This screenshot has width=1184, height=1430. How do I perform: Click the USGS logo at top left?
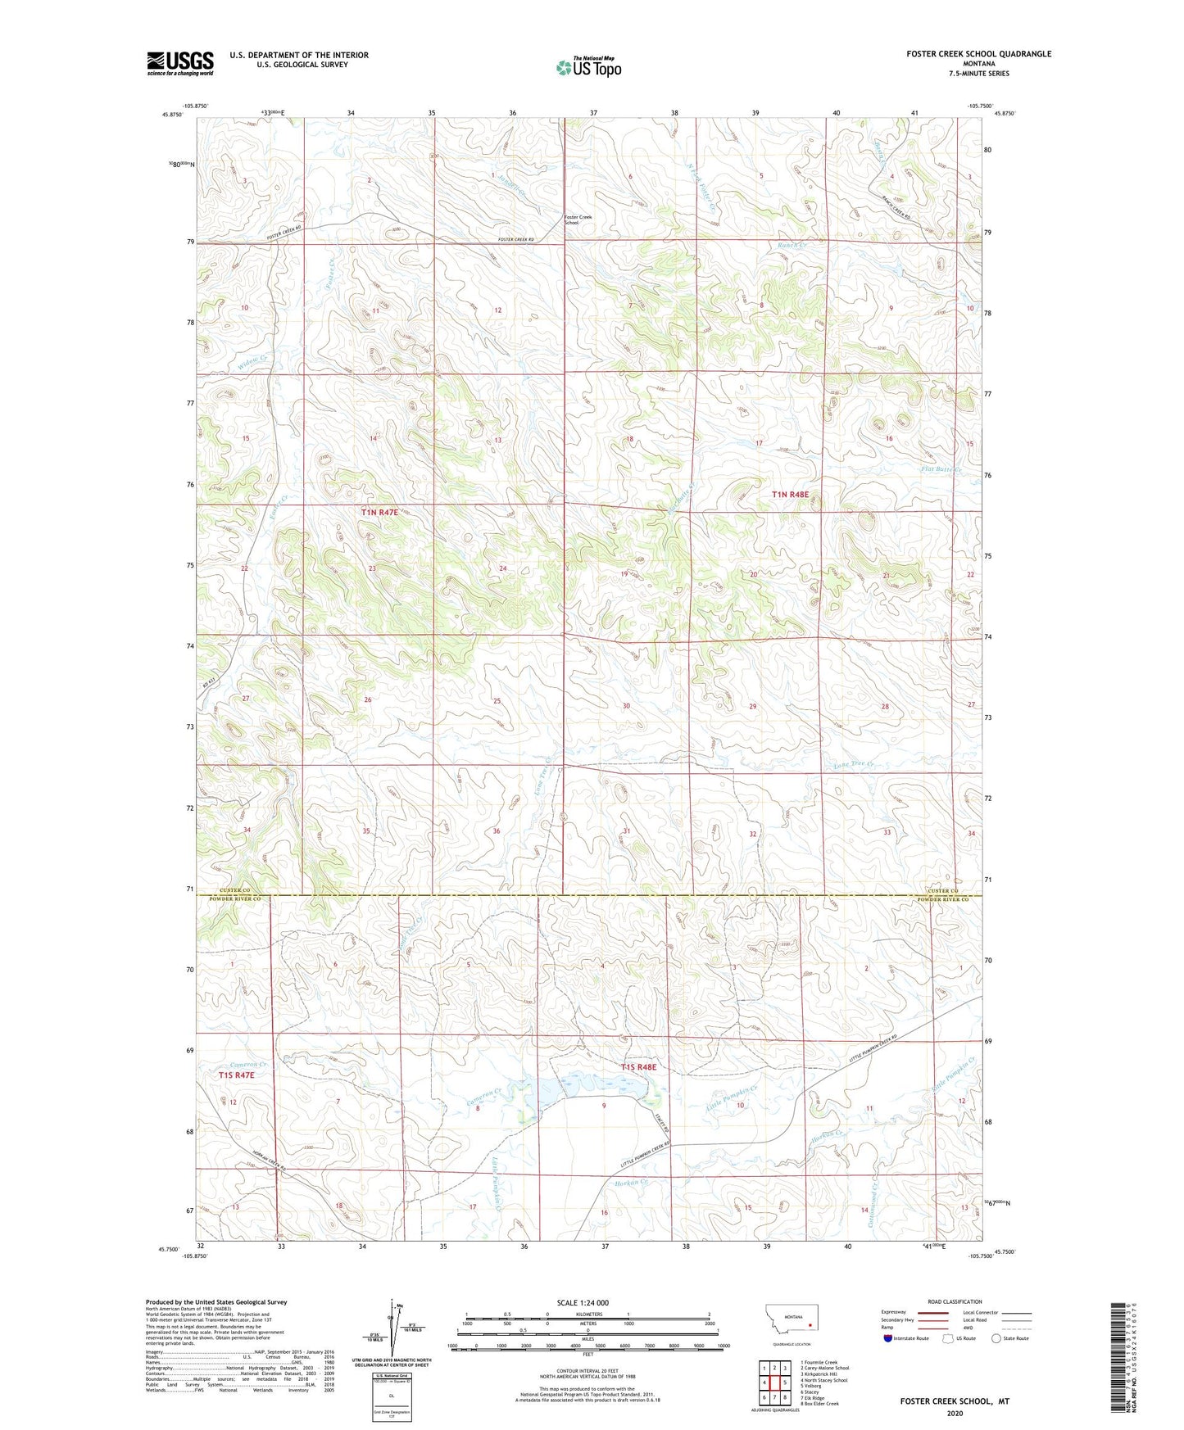[180, 63]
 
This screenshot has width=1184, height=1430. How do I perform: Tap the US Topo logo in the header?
[587, 67]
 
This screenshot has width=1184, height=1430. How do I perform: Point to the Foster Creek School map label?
[578, 219]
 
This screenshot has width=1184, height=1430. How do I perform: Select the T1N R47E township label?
[379, 512]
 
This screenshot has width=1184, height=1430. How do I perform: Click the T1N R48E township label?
[790, 495]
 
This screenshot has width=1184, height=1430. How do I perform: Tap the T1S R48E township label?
[638, 1067]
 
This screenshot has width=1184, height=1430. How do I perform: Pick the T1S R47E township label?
[237, 1075]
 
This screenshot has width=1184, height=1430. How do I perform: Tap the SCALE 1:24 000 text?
[583, 1302]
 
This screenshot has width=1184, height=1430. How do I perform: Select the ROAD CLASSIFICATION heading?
[955, 1301]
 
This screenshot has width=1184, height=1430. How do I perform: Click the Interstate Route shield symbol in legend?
[887, 1338]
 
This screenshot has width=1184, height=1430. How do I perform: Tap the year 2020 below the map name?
[955, 1413]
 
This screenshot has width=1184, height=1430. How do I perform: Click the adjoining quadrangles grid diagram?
[774, 1382]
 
